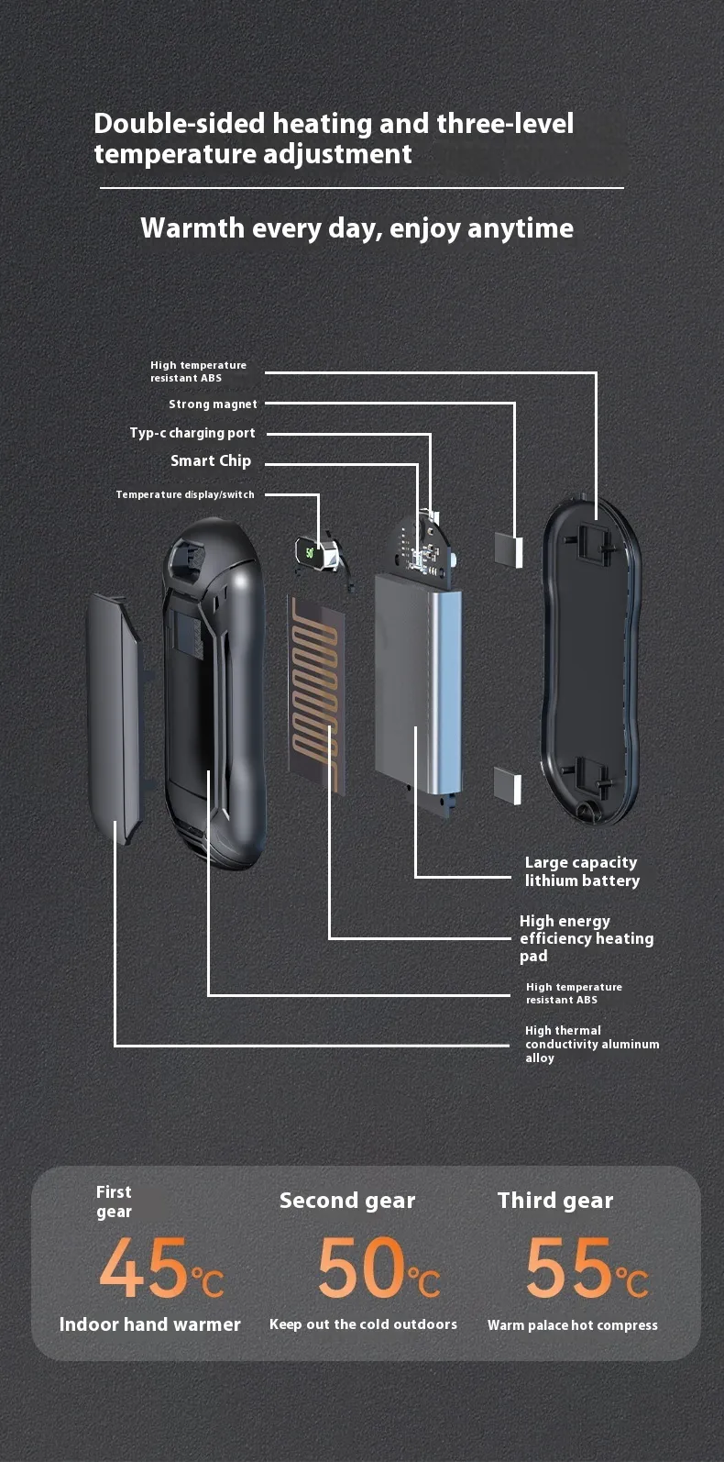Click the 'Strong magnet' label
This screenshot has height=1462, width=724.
coord(213,404)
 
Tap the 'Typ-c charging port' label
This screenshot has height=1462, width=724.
coord(192,433)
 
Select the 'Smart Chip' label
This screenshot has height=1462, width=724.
coord(211,460)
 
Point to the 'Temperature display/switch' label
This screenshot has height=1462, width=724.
coord(185,494)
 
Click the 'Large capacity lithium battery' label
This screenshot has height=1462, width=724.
coord(583,871)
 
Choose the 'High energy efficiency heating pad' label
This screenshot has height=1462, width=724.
coord(587,938)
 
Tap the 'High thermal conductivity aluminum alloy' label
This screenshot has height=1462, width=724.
coord(592,1045)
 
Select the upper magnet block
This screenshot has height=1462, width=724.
coord(509,549)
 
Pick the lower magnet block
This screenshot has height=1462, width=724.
coord(508,785)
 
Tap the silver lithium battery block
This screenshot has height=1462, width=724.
coord(419,684)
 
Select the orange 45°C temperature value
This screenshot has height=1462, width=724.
coord(161,1268)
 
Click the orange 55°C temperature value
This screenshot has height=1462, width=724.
coord(587,1268)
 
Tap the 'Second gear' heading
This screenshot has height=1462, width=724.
coord(347,1201)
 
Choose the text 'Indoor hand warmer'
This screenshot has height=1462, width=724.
coord(150,1324)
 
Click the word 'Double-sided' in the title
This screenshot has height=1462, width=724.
coord(180,123)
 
